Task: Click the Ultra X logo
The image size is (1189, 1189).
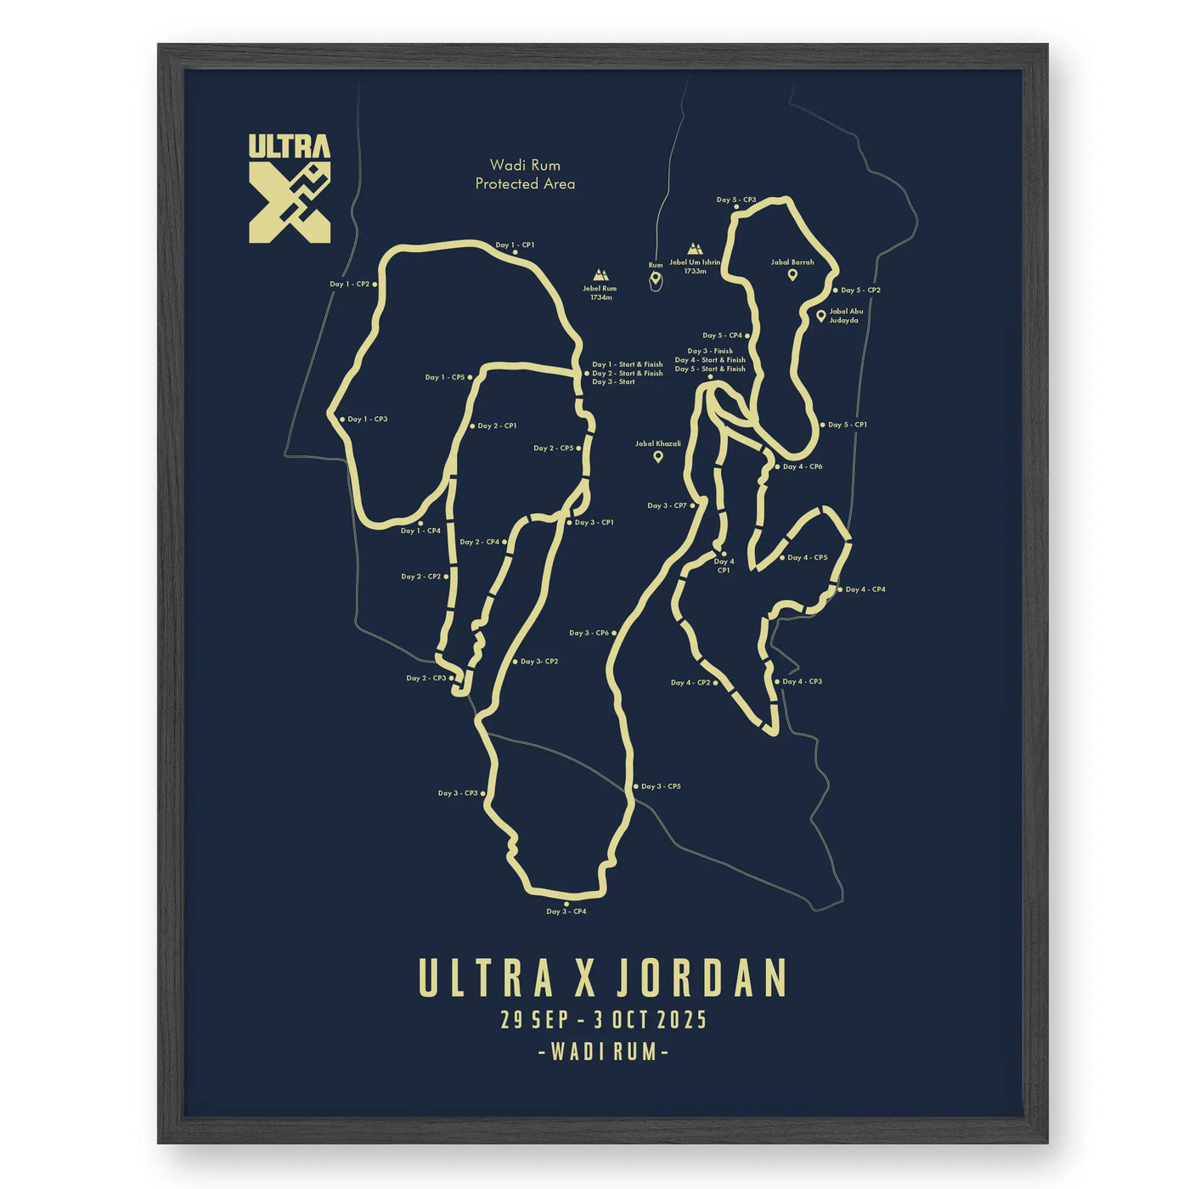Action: point(290,188)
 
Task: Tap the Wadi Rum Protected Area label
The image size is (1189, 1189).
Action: point(525,174)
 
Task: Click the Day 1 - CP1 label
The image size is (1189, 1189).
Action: point(516,245)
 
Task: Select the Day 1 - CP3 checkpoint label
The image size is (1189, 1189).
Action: point(368,419)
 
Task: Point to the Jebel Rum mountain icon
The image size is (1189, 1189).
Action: point(600,274)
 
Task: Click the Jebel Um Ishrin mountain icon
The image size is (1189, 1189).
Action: point(695,249)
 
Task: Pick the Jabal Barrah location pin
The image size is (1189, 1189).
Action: point(792,274)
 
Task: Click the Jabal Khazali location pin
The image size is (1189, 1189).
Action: point(658,457)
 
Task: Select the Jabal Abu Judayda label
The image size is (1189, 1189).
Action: point(846,316)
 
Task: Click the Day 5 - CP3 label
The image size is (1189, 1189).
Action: point(736,200)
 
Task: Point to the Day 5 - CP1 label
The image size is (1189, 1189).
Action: point(847,425)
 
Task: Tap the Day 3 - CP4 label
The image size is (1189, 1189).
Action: point(566,911)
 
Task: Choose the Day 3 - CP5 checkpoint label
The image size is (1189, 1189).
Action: point(661,786)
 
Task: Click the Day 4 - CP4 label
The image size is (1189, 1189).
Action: point(865,589)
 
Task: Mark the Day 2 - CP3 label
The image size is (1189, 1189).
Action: point(425,678)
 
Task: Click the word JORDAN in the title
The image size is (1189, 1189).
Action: point(701,979)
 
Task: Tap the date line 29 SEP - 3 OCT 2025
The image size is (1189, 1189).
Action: point(603,1019)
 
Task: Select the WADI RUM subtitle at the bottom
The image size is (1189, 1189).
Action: point(603,1051)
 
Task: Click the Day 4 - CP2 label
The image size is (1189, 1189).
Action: point(690,682)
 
